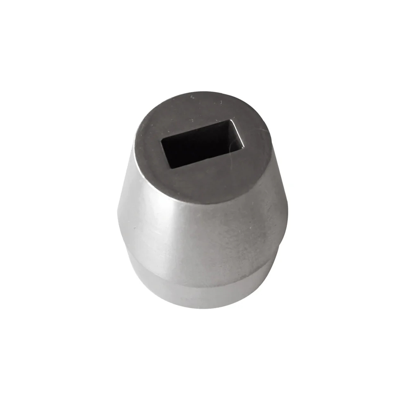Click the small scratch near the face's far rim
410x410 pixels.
(192, 97)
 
